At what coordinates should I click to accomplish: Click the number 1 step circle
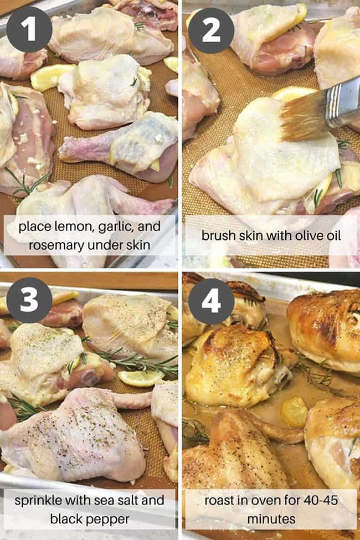tap(29, 29)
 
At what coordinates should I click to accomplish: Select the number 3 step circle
tap(29, 300)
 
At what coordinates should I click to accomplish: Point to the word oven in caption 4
tap(260, 500)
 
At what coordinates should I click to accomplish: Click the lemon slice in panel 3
tap(140, 378)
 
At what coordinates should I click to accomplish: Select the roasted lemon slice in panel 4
tap(293, 412)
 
